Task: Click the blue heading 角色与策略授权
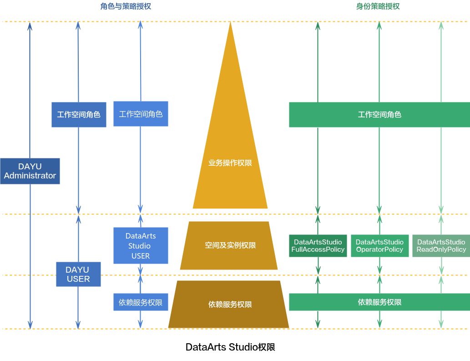[x=126, y=6]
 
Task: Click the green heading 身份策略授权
[x=378, y=6]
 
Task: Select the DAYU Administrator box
[x=30, y=171]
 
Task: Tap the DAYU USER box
[x=78, y=275]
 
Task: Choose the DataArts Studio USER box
[x=141, y=246]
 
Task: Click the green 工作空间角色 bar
[x=379, y=115]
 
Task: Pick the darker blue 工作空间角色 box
[x=79, y=115]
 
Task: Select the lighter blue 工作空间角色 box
[x=141, y=114]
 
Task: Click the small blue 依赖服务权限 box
[x=141, y=302]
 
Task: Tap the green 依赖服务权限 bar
[x=379, y=302]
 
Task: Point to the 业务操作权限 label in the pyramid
[x=230, y=163]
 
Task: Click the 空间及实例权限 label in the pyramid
[x=230, y=245]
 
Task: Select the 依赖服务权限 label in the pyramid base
[x=230, y=305]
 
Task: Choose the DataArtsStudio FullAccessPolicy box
[x=318, y=246]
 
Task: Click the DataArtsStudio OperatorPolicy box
[x=379, y=246]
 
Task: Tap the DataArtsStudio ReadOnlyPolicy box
[x=441, y=246]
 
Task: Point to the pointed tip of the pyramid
[x=230, y=23]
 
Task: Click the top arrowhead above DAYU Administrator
[x=30, y=25]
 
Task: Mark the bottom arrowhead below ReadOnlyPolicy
[x=441, y=325]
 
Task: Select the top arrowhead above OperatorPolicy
[x=379, y=25]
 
